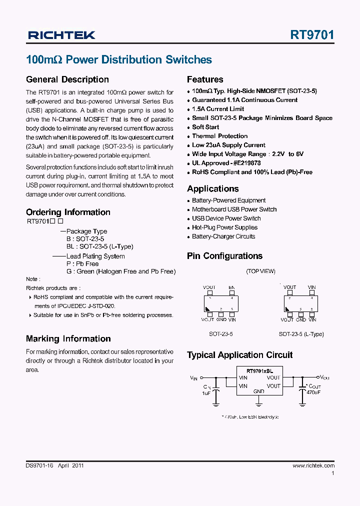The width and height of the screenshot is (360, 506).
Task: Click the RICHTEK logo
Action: (x=61, y=35)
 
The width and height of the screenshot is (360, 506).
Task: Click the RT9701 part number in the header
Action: (x=312, y=34)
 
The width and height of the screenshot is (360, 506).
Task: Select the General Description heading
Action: (x=67, y=79)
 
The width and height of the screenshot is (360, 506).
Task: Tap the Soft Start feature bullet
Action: (x=205, y=127)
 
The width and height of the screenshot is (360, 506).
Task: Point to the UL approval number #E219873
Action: (x=244, y=163)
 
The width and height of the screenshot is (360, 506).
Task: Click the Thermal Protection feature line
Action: (x=219, y=136)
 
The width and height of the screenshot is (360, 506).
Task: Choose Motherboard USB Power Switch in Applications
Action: (x=234, y=209)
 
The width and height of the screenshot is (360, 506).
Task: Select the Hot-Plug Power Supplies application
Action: (x=224, y=227)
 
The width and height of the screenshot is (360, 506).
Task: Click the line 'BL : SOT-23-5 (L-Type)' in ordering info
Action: (x=99, y=246)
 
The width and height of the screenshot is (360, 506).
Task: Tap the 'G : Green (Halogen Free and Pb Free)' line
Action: (x=120, y=271)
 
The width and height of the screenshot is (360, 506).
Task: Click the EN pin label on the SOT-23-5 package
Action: (x=231, y=287)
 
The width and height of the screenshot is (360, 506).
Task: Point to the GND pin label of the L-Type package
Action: (x=300, y=319)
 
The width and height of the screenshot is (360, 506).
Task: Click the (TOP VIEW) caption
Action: (x=260, y=271)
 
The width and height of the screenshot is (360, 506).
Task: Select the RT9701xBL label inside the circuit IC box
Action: (x=260, y=370)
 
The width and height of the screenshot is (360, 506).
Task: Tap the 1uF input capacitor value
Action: (x=206, y=393)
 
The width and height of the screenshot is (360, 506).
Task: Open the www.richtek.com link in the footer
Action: (x=313, y=465)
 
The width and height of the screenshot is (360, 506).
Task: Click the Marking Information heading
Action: (x=68, y=339)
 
